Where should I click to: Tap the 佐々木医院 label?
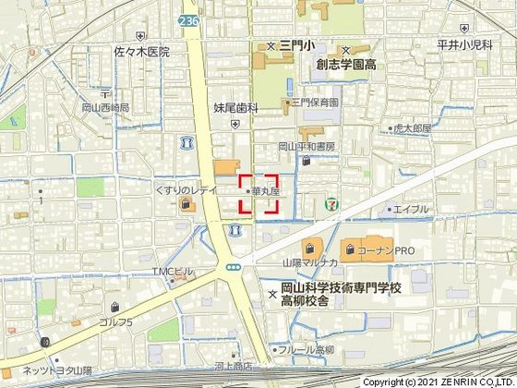[143, 52]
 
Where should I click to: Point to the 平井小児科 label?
[485, 44]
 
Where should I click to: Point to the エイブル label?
[411, 210]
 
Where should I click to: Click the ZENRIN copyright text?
[442, 381]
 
